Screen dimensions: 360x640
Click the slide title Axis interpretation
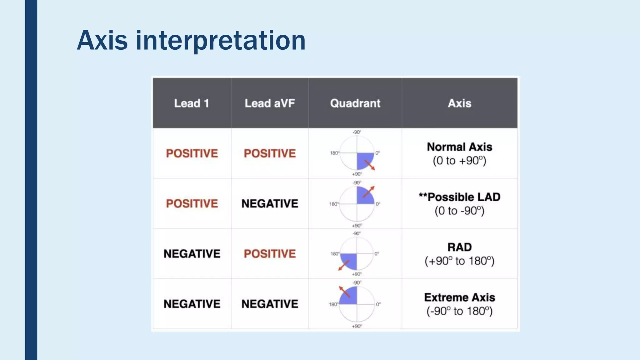click(x=191, y=40)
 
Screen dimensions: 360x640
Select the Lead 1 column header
click(x=191, y=103)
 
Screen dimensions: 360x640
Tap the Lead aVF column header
click(x=270, y=103)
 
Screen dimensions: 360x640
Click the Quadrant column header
click(x=355, y=103)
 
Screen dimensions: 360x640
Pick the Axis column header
click(x=459, y=103)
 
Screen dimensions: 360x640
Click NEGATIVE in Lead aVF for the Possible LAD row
click(x=270, y=203)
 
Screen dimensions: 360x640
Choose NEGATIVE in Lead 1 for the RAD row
click(x=192, y=254)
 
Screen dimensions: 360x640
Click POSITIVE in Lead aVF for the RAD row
click(x=270, y=254)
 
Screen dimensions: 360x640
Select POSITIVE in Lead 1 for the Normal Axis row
click(x=192, y=153)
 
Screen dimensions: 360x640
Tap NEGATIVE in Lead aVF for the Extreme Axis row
click(x=270, y=304)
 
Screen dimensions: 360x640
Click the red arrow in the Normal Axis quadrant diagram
click(x=370, y=165)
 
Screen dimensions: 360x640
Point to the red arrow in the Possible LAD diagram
click(x=368, y=192)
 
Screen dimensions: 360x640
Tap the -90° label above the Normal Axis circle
click(x=357, y=132)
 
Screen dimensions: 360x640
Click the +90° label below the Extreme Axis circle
click(x=357, y=326)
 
